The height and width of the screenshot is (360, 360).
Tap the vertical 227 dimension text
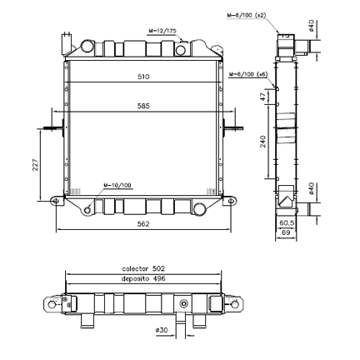36,164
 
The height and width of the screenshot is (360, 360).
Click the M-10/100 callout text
117,185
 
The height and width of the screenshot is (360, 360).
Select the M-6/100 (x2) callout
247,15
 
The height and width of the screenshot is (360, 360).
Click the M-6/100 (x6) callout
247,74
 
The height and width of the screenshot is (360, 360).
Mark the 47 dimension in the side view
262,97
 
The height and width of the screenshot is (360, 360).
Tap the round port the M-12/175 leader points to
181,50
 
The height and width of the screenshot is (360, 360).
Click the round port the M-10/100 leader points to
88,208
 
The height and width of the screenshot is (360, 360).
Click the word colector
135,268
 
